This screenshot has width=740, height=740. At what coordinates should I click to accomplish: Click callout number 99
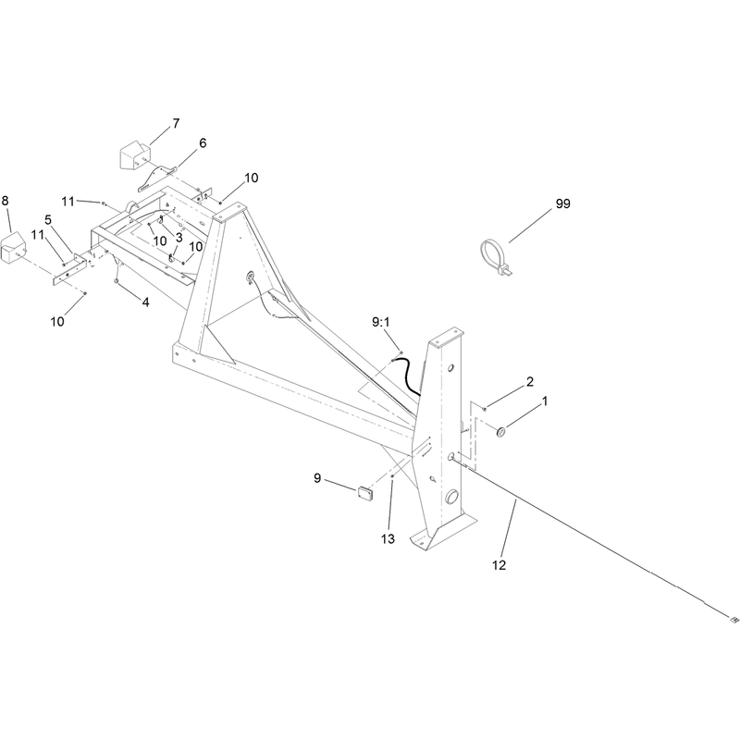(562, 203)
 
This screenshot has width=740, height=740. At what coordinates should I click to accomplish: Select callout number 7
(176, 124)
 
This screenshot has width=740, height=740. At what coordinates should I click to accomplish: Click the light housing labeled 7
(134, 154)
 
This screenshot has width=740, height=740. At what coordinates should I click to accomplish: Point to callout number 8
(6, 201)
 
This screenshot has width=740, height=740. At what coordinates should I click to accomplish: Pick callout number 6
(203, 143)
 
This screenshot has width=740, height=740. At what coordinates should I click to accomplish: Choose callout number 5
(48, 220)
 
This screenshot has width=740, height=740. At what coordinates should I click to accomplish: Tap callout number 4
(146, 302)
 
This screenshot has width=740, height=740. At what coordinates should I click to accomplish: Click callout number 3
(179, 239)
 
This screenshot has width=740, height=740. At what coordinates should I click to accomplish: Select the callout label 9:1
(381, 322)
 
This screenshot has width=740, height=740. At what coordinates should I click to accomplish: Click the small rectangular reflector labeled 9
(364, 494)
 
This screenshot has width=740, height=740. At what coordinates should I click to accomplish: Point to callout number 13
(388, 539)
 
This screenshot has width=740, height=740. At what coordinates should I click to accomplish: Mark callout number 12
(499, 565)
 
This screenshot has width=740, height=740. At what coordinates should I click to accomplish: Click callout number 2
(530, 382)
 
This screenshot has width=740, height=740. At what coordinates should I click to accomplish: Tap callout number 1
(545, 401)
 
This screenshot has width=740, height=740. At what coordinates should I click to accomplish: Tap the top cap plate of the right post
(445, 337)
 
